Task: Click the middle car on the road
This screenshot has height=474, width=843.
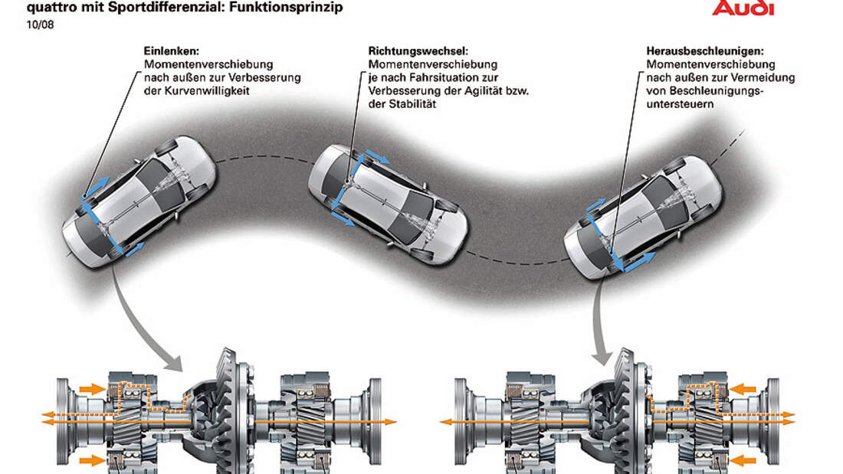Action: [x=383, y=198]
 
